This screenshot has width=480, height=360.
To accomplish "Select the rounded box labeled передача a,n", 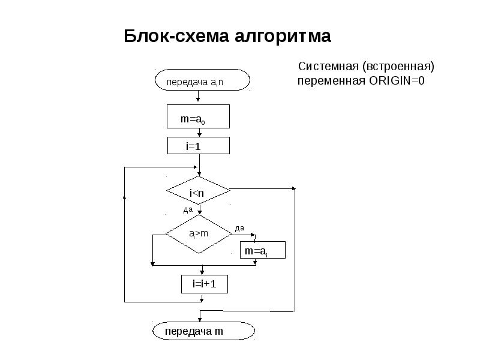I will click(202, 81).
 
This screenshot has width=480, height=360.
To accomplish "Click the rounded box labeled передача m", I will click(202, 331).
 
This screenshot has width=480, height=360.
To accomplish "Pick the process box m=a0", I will click(198, 118).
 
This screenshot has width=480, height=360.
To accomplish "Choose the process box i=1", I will click(198, 146).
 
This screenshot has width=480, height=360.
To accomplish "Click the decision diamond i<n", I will click(198, 192).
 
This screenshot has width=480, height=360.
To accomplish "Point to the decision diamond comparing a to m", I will click(198, 233).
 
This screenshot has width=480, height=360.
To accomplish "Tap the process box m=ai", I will click(263, 251).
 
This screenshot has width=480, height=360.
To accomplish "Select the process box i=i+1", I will click(204, 284).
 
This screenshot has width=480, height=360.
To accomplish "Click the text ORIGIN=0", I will click(397, 81).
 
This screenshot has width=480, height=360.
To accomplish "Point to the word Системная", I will click(329, 66).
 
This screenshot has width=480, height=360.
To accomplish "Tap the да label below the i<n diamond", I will click(187, 210).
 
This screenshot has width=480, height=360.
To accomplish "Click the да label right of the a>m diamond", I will click(239, 228).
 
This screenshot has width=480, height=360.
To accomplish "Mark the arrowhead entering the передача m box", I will click(199, 320).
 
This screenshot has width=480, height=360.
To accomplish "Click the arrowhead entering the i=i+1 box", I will click(199, 272).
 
